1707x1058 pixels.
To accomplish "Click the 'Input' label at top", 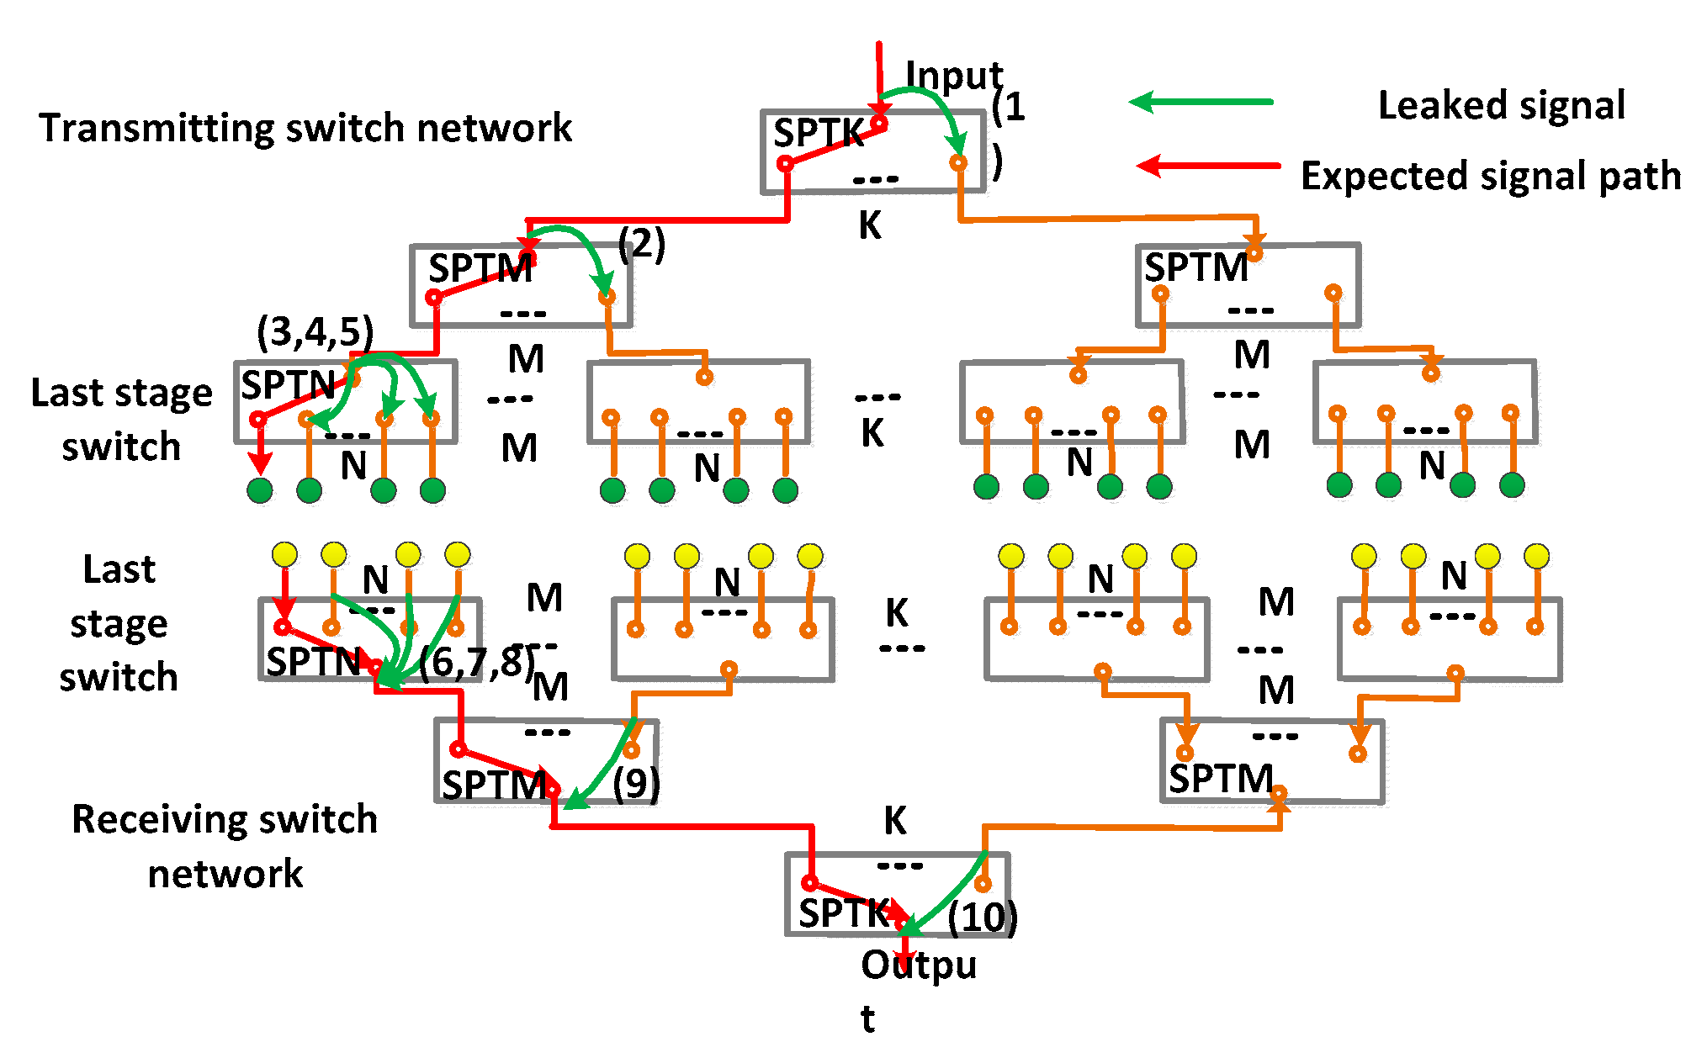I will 953,76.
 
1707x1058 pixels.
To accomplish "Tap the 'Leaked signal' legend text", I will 1501,106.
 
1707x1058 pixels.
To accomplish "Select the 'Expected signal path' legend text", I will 1490,177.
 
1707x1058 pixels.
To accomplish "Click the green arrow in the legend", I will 1201,103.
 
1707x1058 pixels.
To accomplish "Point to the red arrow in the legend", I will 1208,166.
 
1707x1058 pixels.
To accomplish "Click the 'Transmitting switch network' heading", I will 305,129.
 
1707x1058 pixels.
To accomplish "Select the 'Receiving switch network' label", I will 225,846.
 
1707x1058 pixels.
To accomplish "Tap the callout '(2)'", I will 641,244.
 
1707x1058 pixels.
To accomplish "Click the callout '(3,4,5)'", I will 315,332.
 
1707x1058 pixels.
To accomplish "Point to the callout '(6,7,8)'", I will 476,663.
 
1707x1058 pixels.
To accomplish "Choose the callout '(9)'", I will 636,784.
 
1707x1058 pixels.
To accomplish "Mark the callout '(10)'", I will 982,917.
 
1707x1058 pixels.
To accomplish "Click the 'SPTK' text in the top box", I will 818,134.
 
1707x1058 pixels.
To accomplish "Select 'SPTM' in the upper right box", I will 1195,268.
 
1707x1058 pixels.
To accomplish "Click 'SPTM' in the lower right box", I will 1221,780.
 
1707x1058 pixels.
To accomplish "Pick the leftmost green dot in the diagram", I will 260,490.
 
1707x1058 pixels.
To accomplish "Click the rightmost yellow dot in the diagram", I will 1536,556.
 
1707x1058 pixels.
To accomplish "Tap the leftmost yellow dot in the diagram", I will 284,555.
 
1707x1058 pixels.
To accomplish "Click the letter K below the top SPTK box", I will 870,225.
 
